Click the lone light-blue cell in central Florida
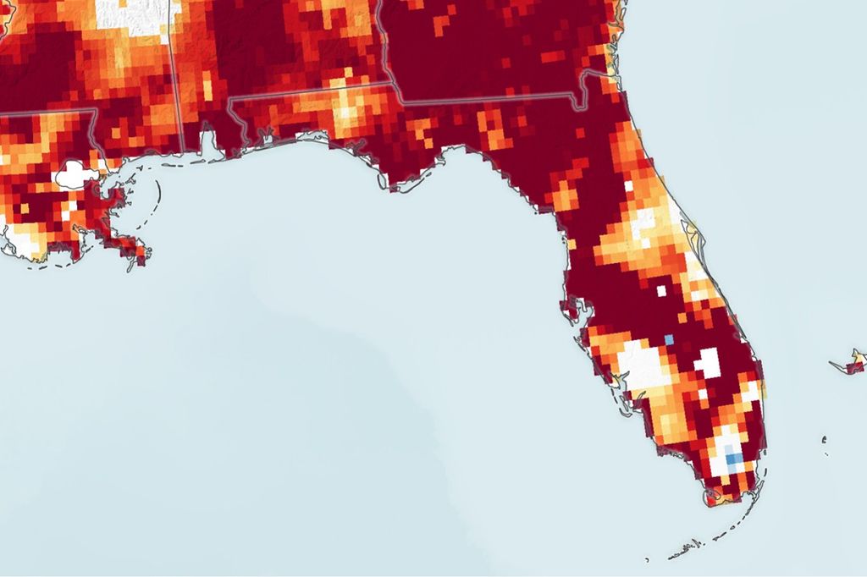coord(669,339)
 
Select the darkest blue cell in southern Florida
coord(733,459)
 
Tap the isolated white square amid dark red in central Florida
coord(661,290)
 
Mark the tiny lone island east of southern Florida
coord(824,438)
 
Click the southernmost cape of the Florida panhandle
coord(393,186)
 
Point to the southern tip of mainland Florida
coord(711,503)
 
